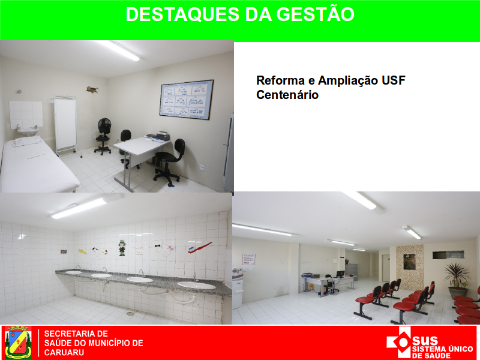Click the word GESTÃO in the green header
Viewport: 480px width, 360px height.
pos(315,14)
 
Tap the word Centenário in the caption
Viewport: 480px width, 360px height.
pos(287,95)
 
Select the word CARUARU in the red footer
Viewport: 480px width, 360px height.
pos(64,352)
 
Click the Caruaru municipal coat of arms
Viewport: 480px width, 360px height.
pos(19,342)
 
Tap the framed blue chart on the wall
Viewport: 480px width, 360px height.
pos(187,99)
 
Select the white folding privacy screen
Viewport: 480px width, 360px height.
pos(65,125)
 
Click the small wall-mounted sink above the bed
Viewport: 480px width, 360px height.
pos(28,131)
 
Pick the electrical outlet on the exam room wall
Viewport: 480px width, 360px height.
pos(202,167)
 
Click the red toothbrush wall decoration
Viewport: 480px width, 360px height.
pos(200,248)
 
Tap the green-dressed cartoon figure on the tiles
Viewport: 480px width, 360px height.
pos(122,248)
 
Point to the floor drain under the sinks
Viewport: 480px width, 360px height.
pos(130,313)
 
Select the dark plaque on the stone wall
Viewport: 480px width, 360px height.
pos(409,262)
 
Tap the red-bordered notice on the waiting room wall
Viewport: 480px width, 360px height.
pos(248,259)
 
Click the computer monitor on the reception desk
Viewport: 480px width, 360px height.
pos(340,274)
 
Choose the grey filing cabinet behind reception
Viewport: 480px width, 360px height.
pos(351,272)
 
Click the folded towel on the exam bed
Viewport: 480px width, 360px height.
pos(27,141)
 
